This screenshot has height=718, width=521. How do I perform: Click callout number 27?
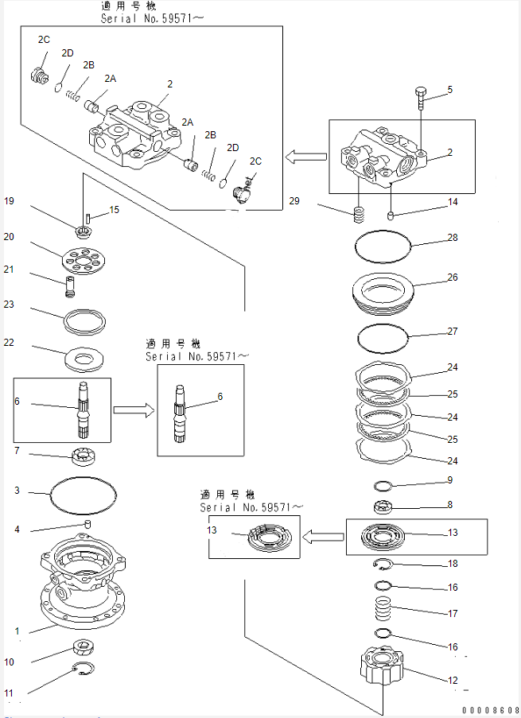point(452,331)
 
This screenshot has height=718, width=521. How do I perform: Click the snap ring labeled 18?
point(385,565)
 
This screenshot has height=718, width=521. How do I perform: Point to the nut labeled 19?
point(82,232)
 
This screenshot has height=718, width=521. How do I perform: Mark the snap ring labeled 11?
point(84,669)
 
